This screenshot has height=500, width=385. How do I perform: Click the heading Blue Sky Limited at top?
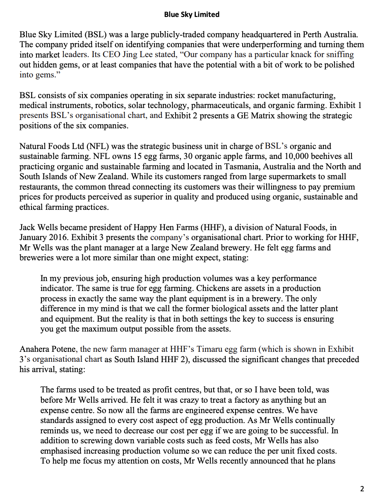coord(192,14)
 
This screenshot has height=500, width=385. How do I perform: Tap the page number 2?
coord(362,489)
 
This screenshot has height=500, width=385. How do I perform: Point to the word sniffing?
coord(339,55)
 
